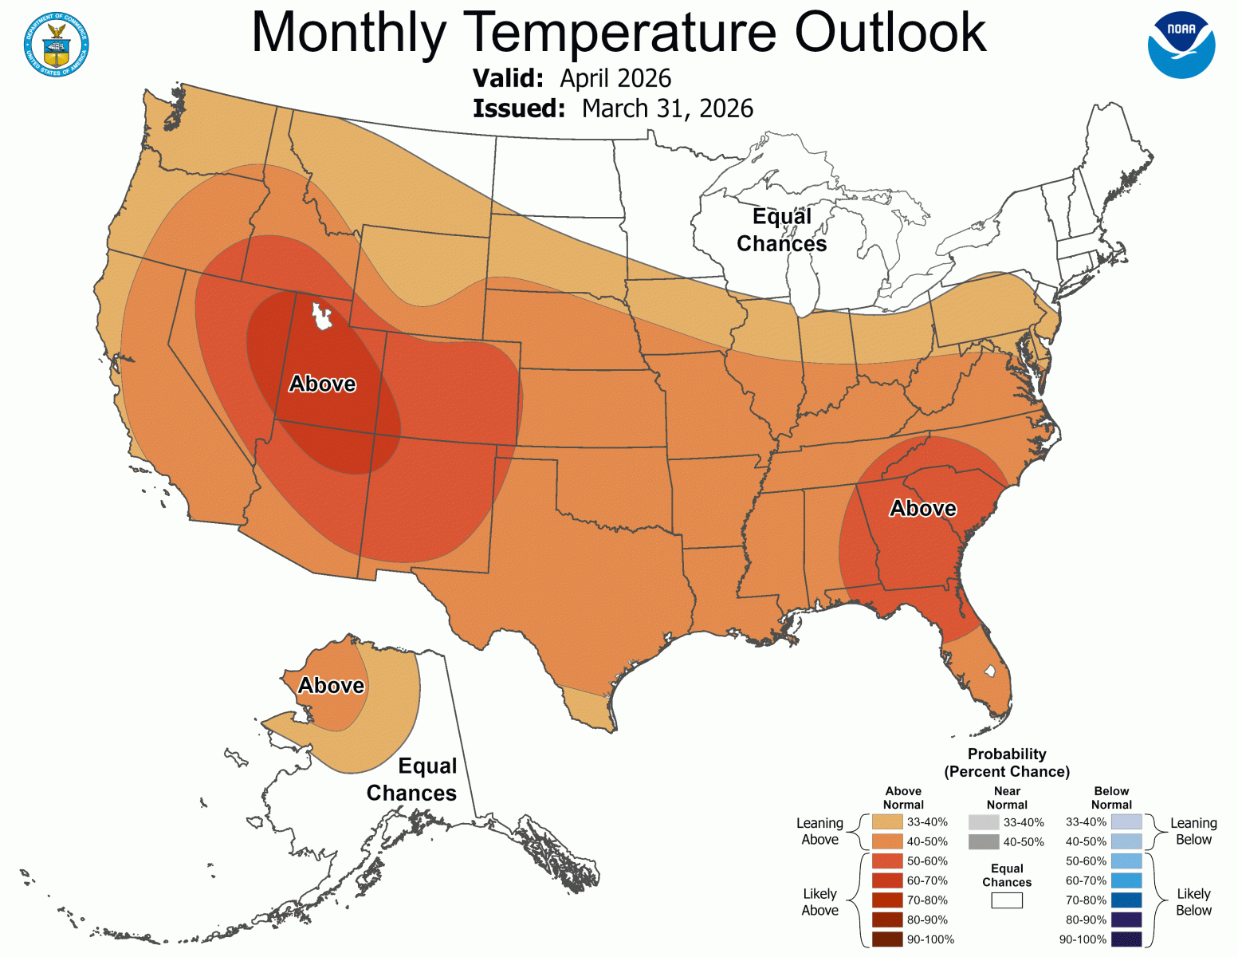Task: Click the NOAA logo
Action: click(1181, 45)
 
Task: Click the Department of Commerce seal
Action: click(56, 45)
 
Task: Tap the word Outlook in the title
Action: click(890, 33)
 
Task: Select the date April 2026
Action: click(615, 78)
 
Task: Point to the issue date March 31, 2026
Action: click(667, 108)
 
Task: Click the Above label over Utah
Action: click(322, 384)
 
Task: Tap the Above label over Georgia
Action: click(923, 508)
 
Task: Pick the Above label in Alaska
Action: click(331, 685)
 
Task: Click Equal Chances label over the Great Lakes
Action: click(781, 230)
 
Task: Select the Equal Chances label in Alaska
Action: click(412, 779)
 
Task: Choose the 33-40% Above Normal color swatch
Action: click(887, 821)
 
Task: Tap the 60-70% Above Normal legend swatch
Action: click(887, 880)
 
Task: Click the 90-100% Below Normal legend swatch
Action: click(1126, 939)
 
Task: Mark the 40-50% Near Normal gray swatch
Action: click(984, 841)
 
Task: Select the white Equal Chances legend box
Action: click(1007, 900)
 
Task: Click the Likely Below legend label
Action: click(1193, 902)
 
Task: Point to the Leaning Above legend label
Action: click(819, 831)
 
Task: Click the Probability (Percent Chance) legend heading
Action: click(1007, 762)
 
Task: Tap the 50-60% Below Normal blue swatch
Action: click(1126, 861)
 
